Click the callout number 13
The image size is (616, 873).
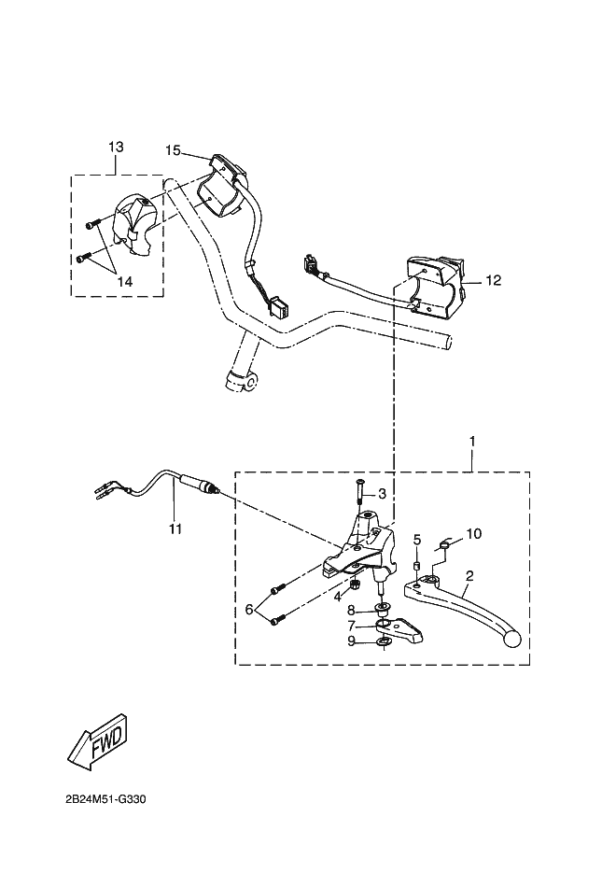click(x=116, y=148)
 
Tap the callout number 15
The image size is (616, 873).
click(x=173, y=150)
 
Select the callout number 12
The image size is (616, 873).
click(x=494, y=279)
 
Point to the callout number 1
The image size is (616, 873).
click(x=472, y=440)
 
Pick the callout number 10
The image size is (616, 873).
click(x=474, y=534)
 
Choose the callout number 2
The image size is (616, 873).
click(x=469, y=576)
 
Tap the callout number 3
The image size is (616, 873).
click(x=382, y=493)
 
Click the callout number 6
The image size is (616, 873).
click(x=249, y=609)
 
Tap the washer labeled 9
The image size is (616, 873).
click(x=384, y=642)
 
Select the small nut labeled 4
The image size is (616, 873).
click(x=357, y=586)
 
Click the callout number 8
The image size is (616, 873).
click(x=351, y=610)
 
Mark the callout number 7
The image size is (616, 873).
click(x=351, y=626)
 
